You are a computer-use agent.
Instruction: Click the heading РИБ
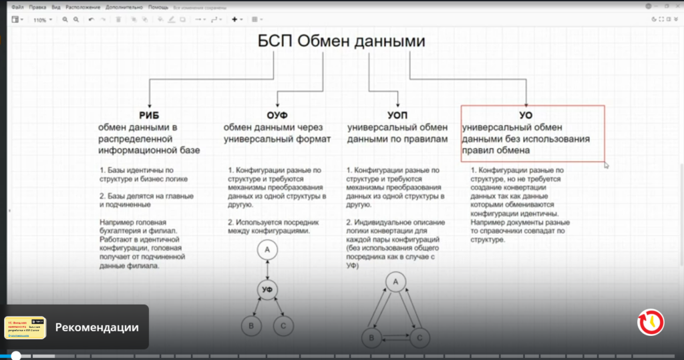(149, 115)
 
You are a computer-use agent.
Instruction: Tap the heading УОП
(397, 115)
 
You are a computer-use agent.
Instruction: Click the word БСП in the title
(275, 41)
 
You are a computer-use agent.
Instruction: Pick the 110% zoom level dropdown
(41, 20)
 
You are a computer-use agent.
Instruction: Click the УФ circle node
(267, 289)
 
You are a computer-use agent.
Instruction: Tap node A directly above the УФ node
(267, 250)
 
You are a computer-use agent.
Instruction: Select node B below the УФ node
(250, 326)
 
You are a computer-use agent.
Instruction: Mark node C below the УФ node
(283, 326)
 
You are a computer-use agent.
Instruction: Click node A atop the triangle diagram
(395, 283)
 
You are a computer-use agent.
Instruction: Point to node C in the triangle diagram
(419, 338)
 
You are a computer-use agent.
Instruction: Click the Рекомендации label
(97, 327)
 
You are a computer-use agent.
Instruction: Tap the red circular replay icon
(650, 322)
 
